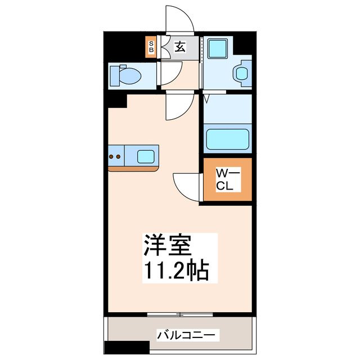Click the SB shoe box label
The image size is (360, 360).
(151, 47)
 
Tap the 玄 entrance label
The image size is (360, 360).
(179, 47)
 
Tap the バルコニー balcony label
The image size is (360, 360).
(186, 335)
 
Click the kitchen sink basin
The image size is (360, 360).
(146, 156)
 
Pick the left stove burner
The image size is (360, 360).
(112, 156)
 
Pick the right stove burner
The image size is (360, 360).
(120, 156)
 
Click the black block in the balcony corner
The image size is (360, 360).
(121, 349)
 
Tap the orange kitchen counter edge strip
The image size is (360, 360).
(134, 168)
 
